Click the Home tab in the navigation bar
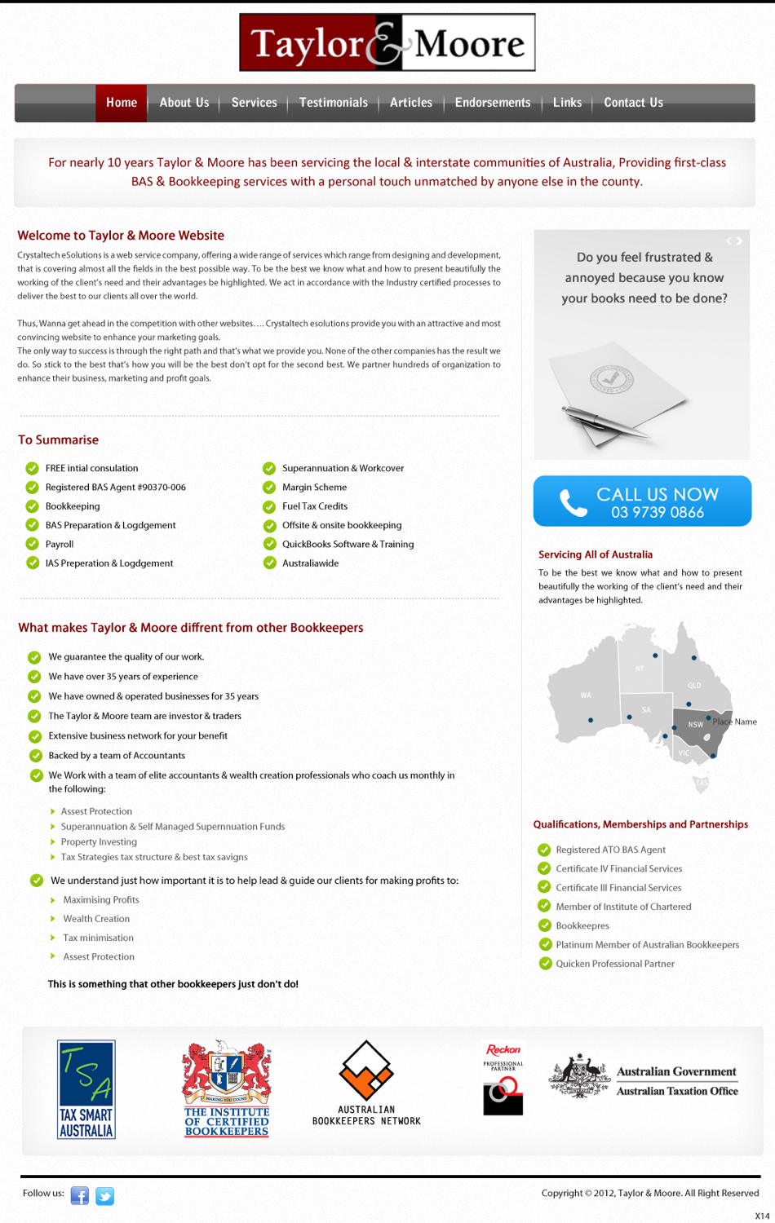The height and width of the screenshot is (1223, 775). point(121,103)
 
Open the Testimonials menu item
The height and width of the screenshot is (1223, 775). point(333,103)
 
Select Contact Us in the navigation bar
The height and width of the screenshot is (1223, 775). point(633,103)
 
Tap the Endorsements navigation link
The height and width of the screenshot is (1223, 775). point(492,103)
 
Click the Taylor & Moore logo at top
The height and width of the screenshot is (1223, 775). point(387,42)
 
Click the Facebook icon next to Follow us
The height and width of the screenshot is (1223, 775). point(80,1195)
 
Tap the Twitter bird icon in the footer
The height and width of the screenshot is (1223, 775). point(104,1195)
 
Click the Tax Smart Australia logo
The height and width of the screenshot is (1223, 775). point(86,1088)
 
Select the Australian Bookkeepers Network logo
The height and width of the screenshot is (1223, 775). point(366,1083)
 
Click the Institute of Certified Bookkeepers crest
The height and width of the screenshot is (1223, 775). point(227,1087)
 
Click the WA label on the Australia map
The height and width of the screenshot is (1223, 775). point(586,695)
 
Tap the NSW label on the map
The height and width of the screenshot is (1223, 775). point(695,724)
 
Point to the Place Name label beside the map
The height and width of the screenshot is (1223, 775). point(734,722)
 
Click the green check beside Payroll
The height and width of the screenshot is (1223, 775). point(33,544)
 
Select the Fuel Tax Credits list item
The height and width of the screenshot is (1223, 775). point(315,506)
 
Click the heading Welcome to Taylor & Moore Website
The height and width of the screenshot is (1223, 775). point(121,236)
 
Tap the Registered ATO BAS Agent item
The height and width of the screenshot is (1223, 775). point(610,850)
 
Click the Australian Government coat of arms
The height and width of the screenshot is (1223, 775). point(579,1076)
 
